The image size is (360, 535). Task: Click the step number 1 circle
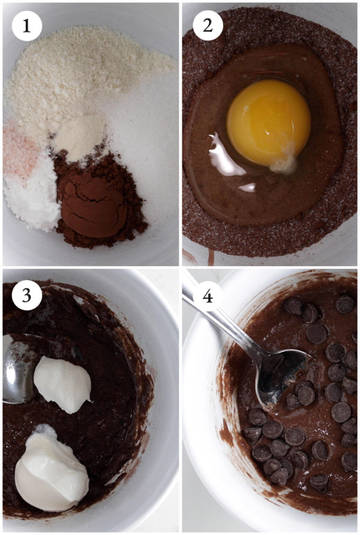coord(24,26)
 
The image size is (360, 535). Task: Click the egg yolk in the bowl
coord(268,122)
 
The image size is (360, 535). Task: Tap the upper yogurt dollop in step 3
coord(62,383)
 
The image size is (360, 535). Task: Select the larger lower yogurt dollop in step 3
coord(50,471)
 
